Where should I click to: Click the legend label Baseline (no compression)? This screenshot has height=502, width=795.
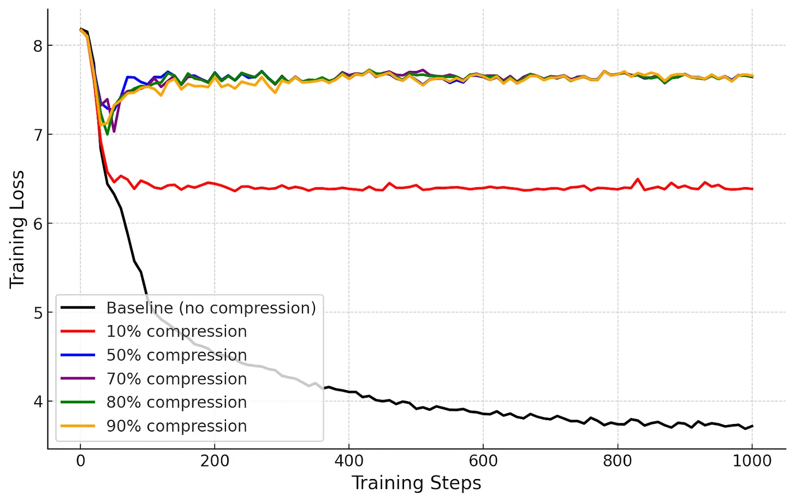211,308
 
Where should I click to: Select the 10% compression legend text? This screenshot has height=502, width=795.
176,332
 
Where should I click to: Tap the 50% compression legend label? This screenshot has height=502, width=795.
176,355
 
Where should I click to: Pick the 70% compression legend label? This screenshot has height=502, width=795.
176,379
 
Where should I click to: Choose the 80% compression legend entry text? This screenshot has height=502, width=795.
176,403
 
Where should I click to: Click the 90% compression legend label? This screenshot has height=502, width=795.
176,426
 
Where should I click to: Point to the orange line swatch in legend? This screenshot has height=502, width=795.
78,426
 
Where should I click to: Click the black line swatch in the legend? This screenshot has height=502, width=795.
78,308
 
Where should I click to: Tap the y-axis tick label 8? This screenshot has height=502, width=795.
37,46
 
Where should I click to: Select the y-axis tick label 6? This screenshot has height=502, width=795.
37,224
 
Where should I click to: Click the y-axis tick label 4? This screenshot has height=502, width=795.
37,402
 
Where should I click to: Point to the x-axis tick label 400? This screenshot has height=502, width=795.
349,461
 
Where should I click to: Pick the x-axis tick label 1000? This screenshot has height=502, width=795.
752,461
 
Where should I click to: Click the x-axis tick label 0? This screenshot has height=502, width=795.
81,461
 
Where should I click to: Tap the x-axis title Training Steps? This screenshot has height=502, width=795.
416,483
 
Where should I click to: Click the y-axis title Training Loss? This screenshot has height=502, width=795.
17,229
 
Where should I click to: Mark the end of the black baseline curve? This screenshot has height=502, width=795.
752,426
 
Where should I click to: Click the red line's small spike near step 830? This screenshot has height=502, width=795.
638,179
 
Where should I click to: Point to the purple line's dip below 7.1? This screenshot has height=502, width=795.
114,132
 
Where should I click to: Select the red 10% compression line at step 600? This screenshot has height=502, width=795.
483,188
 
